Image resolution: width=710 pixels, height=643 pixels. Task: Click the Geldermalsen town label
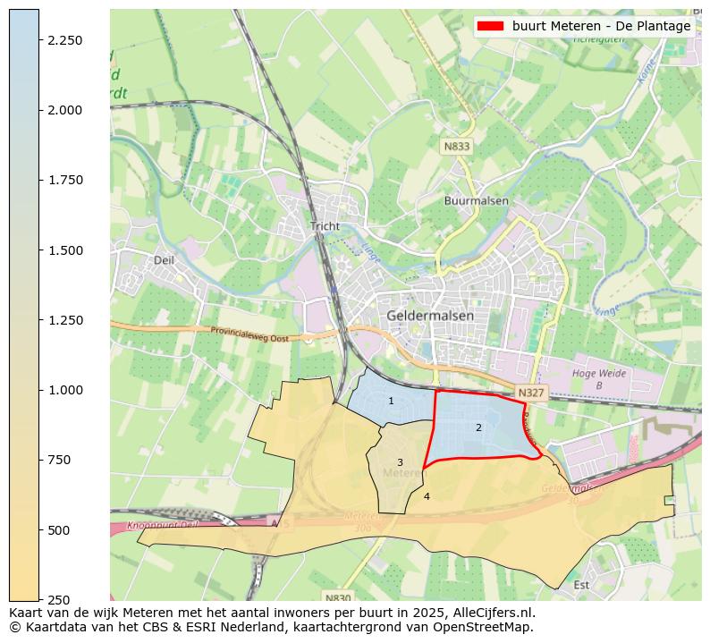pyautogui.click(x=430, y=316)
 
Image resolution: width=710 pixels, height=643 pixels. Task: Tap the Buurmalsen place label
pyautogui.click(x=476, y=201)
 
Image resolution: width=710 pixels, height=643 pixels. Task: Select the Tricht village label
pyautogui.click(x=325, y=226)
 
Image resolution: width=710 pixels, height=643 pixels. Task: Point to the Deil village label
pyautogui.click(x=164, y=260)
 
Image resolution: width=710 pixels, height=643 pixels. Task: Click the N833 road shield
pyautogui.click(x=456, y=146)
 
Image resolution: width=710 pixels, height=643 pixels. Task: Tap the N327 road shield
pyautogui.click(x=530, y=393)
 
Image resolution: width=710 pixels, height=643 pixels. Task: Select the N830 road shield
pyautogui.click(x=338, y=597)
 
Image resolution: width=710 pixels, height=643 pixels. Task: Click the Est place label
pyautogui.click(x=581, y=585)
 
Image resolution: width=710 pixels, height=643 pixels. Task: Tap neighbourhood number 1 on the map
pyautogui.click(x=391, y=401)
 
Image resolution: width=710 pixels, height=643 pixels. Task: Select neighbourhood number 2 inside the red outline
pyautogui.click(x=478, y=427)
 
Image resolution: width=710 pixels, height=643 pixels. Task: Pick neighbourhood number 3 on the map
pyautogui.click(x=400, y=462)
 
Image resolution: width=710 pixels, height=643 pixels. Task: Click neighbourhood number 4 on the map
pyautogui.click(x=427, y=496)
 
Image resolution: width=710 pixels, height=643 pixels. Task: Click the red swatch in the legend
pyautogui.click(x=491, y=26)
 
